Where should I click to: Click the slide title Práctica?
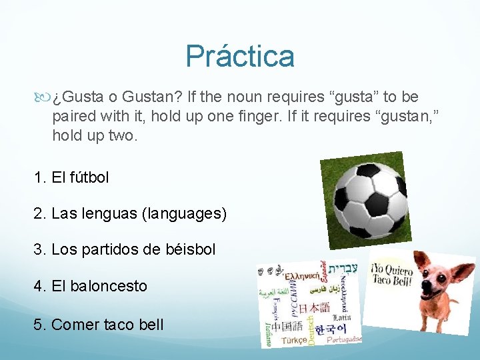coord(240,57)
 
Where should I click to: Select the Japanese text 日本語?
coord(313,307)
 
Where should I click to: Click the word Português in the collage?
coord(344,340)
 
